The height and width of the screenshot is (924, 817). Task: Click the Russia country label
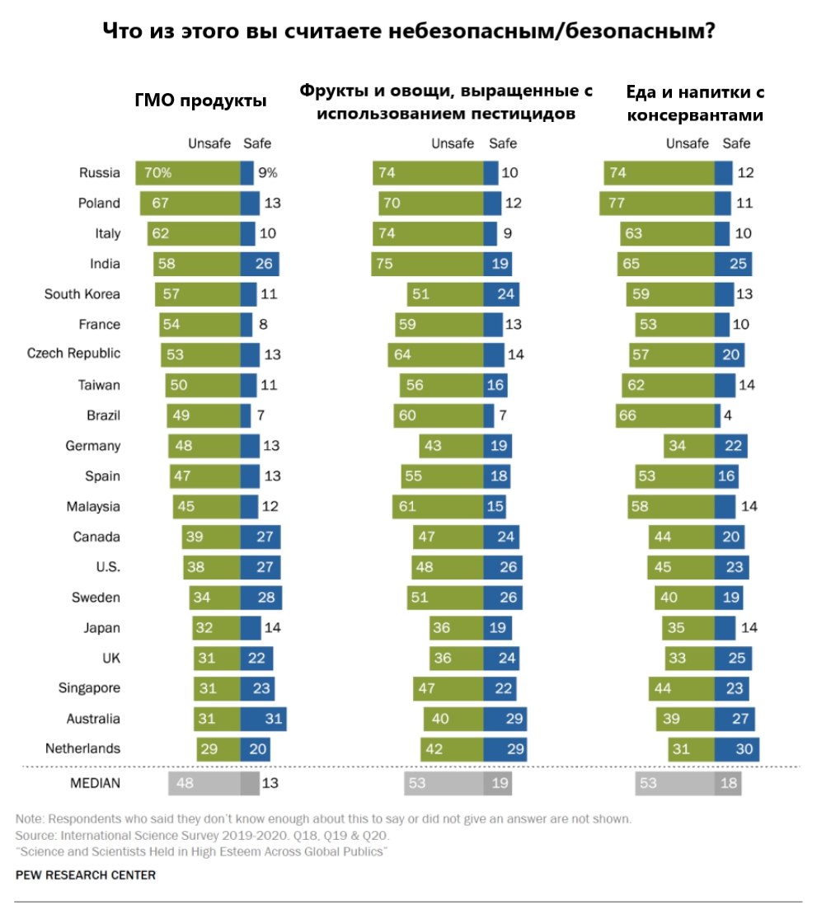[x=100, y=173]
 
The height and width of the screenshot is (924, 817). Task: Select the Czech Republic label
[x=74, y=354]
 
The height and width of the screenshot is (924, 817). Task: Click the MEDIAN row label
[x=94, y=783]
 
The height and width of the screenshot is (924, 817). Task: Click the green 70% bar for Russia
[x=188, y=173]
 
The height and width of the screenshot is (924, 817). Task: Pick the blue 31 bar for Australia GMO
[x=263, y=719]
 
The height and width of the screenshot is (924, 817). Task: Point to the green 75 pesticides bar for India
[x=428, y=264]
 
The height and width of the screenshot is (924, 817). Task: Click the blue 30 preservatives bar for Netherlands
[x=736, y=748]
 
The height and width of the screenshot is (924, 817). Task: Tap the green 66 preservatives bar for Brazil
[x=664, y=415]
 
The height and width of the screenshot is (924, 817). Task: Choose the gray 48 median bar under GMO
[x=204, y=783]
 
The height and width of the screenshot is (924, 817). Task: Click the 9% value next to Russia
[x=268, y=173]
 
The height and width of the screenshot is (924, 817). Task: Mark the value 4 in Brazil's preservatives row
[x=729, y=415]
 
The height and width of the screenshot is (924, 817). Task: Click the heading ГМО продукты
[x=200, y=101]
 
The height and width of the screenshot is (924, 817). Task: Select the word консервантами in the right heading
[x=694, y=115]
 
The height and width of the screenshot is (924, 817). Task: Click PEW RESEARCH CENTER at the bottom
[x=85, y=875]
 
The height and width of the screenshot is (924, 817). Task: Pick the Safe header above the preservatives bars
[x=736, y=143]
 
